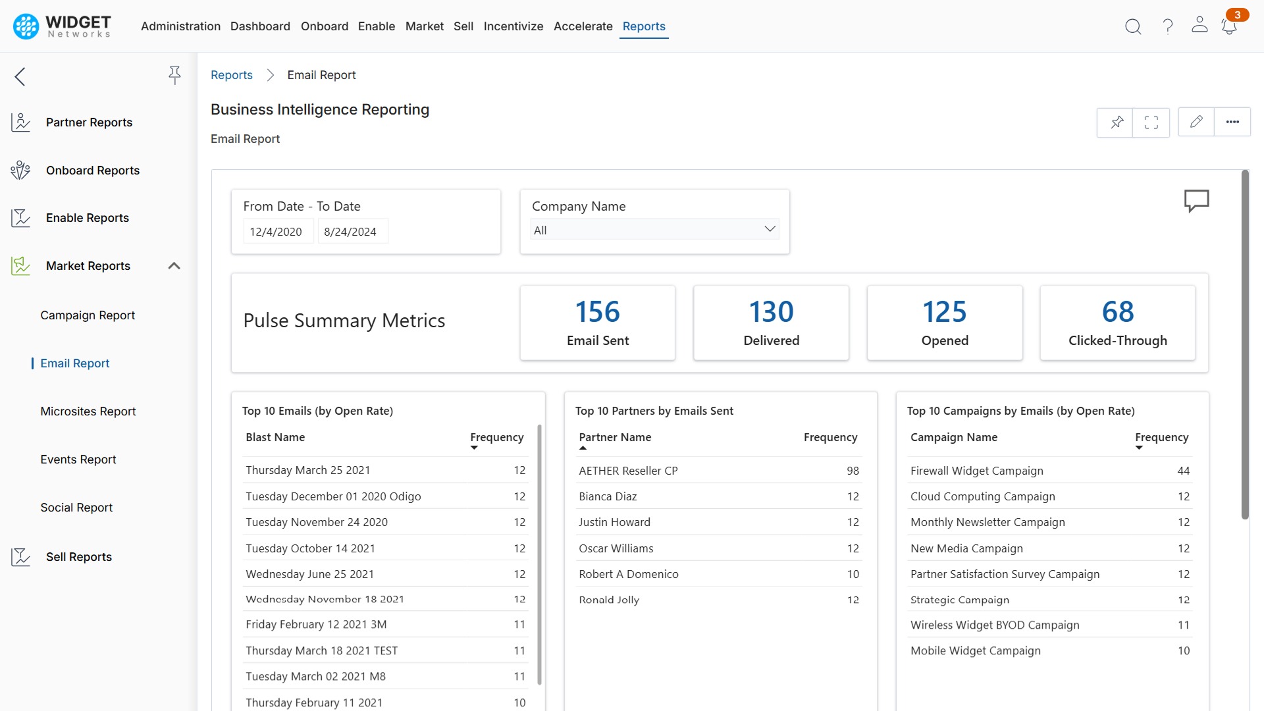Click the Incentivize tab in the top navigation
point(513,26)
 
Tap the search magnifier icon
point(1132,26)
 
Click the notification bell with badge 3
point(1228,26)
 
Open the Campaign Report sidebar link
point(88,315)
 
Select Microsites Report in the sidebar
point(88,411)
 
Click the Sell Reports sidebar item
point(79,557)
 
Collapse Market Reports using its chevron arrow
point(174,266)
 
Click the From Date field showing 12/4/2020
point(276,232)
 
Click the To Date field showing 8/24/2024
point(350,232)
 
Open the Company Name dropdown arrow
point(770,229)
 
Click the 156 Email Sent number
point(597,312)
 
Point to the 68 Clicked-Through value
point(1117,312)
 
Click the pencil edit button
point(1196,122)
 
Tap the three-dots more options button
point(1232,122)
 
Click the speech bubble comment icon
point(1196,200)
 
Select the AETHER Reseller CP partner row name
point(628,471)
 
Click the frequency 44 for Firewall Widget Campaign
point(1183,471)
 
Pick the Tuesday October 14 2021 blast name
point(310,548)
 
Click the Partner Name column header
point(615,437)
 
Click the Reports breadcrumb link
point(232,75)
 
